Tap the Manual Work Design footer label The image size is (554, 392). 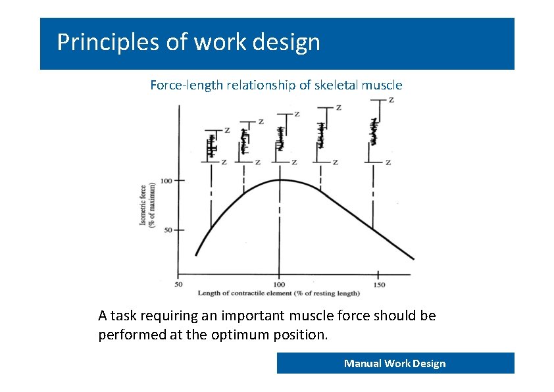coord(395,363)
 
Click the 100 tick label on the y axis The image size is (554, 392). coord(167,180)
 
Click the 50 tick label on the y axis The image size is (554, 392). coord(169,230)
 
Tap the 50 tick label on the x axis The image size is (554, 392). coord(178,284)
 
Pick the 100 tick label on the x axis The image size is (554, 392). coord(279,284)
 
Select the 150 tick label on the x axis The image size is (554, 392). coord(379,284)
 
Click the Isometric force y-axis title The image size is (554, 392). coord(147,205)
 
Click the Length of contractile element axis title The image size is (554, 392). coord(279,293)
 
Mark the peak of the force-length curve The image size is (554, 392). coord(280,180)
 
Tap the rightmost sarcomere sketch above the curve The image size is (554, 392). coord(374,132)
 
